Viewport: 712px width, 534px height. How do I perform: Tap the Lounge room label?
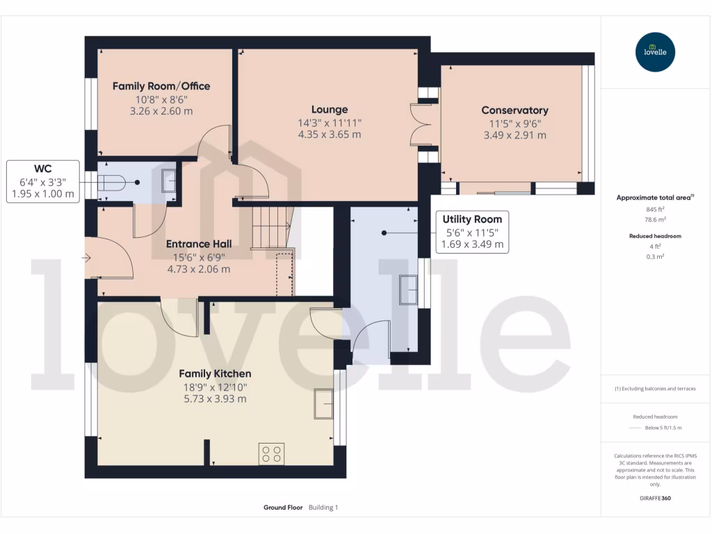(330, 109)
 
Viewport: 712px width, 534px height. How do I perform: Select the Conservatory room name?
(515, 110)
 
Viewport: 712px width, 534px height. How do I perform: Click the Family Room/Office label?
(161, 86)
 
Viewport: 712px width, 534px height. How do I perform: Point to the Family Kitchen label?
(215, 373)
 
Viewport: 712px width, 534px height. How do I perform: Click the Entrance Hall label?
(199, 244)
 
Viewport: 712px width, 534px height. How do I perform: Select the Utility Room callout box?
(473, 232)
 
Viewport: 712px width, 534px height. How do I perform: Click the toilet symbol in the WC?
(112, 182)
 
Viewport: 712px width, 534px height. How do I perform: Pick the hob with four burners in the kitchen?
(271, 454)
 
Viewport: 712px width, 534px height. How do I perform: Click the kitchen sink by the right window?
(324, 401)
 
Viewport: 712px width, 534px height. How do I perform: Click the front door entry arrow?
(86, 258)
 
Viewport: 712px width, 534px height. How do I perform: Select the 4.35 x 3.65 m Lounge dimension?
(330, 134)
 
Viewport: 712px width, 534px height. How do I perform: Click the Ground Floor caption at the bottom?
(283, 508)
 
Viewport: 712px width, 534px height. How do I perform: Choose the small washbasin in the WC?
(170, 181)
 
